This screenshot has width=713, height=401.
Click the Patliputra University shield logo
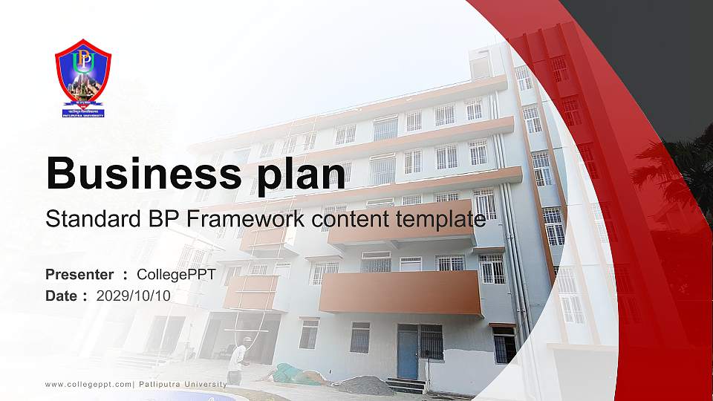(83, 78)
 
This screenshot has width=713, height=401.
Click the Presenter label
(79, 275)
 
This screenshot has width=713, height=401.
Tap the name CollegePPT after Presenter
(177, 275)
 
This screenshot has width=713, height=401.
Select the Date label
(62, 296)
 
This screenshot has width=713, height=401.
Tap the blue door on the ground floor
(407, 351)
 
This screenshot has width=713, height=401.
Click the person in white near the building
(237, 361)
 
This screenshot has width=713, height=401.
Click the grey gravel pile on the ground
(363, 385)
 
